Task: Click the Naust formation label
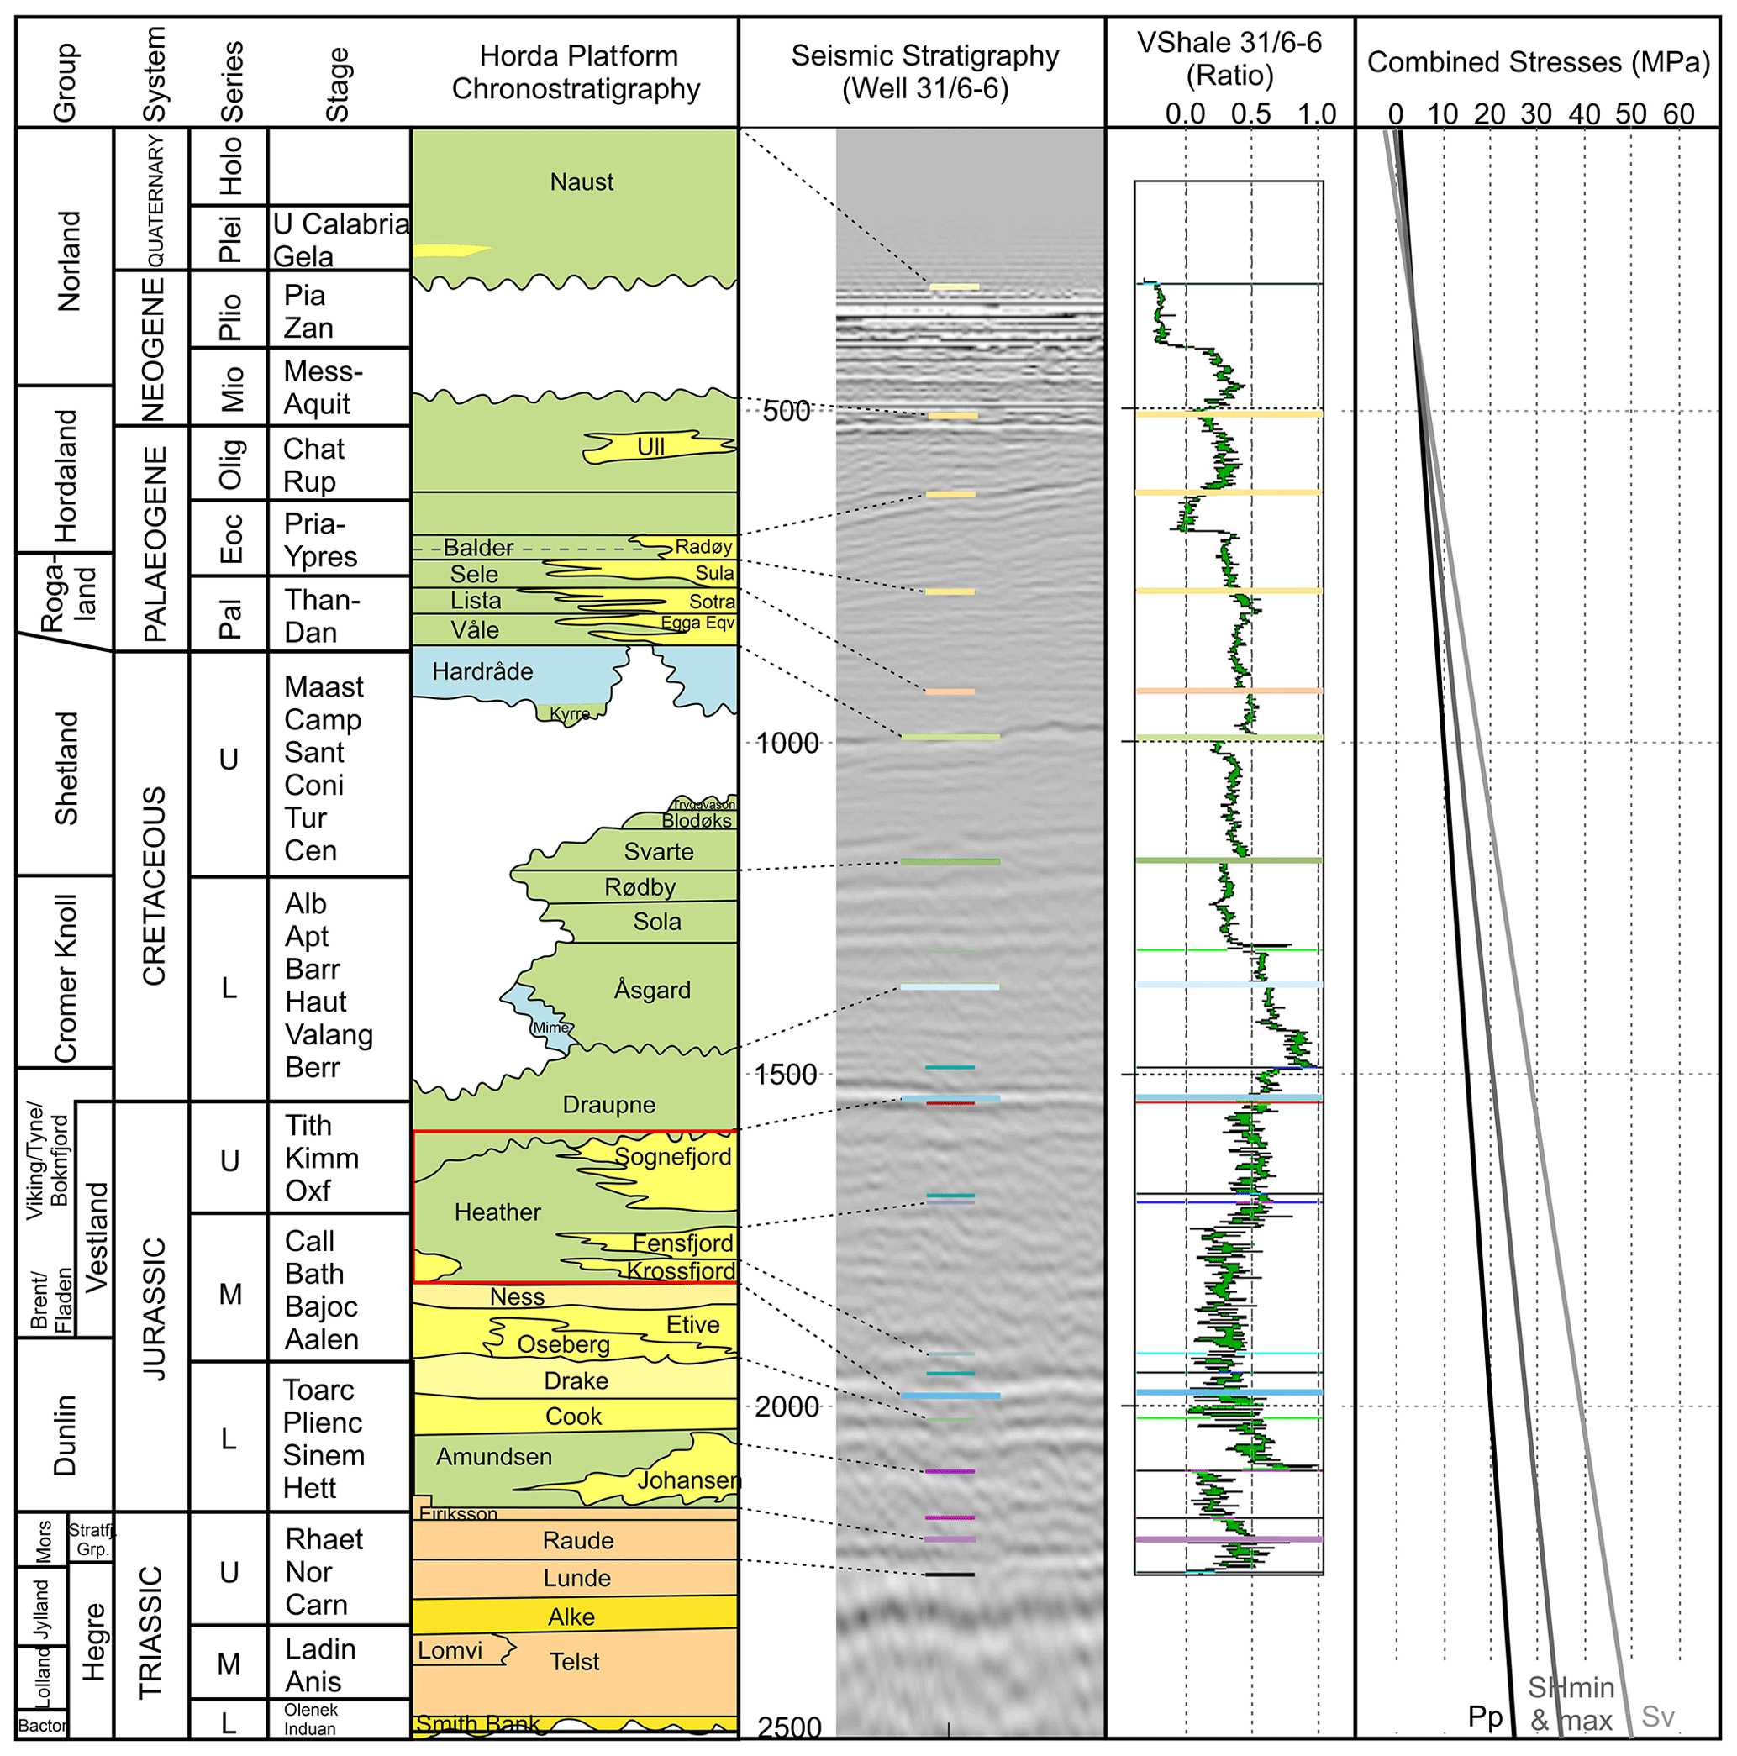pos(582,182)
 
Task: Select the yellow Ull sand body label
pos(650,446)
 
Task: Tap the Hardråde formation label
pos(482,671)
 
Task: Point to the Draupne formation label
pos(609,1105)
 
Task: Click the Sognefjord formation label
pos(672,1157)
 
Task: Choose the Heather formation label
pos(497,1212)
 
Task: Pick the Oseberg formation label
pos(564,1344)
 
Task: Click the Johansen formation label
pos(689,1480)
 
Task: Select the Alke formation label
pos(571,1617)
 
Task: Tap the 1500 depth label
pos(787,1075)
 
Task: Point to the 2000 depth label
pos(787,1407)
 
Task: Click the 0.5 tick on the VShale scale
pos(1250,114)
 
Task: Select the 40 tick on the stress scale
pos(1584,114)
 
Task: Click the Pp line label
pos(1485,1717)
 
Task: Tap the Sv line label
pos(1658,1717)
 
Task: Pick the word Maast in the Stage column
pos(324,687)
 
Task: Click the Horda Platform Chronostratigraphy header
pos(577,73)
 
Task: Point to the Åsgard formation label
pos(653,990)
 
